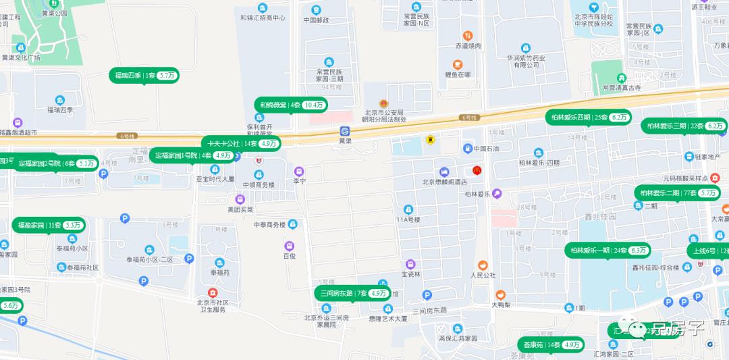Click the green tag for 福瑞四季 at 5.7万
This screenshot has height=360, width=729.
[144, 76]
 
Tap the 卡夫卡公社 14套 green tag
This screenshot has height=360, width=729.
[240, 143]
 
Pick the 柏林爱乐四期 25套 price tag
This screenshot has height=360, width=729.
[588, 117]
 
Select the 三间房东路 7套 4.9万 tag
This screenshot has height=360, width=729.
[352, 293]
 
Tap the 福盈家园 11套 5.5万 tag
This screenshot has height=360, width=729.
[49, 225]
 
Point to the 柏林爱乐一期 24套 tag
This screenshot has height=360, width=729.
[607, 250]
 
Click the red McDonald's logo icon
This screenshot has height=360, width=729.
[477, 170]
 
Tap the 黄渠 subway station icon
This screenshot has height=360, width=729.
[345, 131]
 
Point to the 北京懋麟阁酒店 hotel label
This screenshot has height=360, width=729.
[444, 180]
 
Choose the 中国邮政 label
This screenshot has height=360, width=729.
[316, 20]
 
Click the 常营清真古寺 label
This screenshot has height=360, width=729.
[622, 87]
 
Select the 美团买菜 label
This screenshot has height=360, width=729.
[240, 209]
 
